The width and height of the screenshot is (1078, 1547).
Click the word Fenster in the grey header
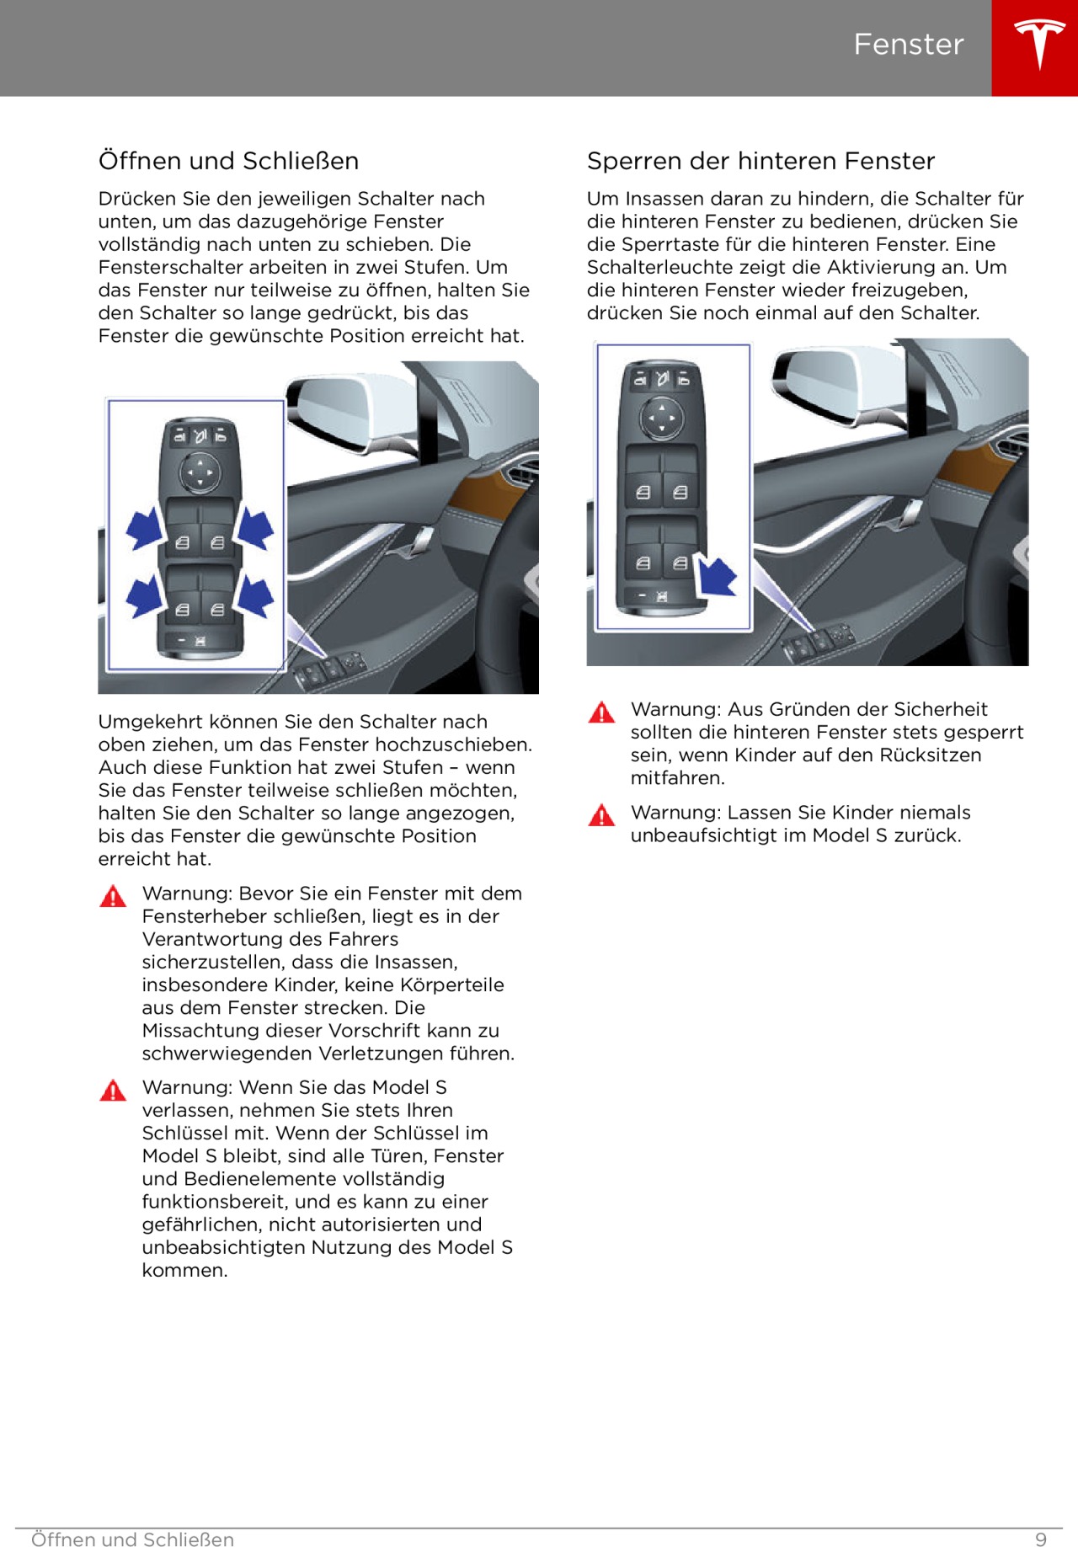pyautogui.click(x=908, y=45)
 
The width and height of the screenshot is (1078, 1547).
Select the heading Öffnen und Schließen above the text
pyautogui.click(x=228, y=161)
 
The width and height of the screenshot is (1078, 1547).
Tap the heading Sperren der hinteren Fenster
pyautogui.click(x=760, y=161)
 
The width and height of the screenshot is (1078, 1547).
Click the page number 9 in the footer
pyautogui.click(x=1041, y=1539)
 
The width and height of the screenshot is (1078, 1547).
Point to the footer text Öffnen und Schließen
pyautogui.click(x=132, y=1539)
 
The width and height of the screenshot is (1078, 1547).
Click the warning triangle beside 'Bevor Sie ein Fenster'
pyautogui.click(x=113, y=896)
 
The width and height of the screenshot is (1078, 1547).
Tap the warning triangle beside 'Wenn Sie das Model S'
pyautogui.click(x=113, y=1091)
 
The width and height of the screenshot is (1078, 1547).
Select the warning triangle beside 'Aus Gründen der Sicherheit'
pyautogui.click(x=601, y=713)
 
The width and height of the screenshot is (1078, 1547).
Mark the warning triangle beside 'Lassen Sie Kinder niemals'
pyautogui.click(x=601, y=816)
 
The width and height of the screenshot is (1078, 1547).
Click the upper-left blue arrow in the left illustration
pyautogui.click(x=144, y=529)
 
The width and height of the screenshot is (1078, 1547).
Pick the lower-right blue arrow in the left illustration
pyautogui.click(x=254, y=595)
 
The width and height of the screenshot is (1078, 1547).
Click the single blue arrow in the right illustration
pyautogui.click(x=717, y=578)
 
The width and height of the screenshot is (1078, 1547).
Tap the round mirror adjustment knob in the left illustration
pyautogui.click(x=200, y=472)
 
